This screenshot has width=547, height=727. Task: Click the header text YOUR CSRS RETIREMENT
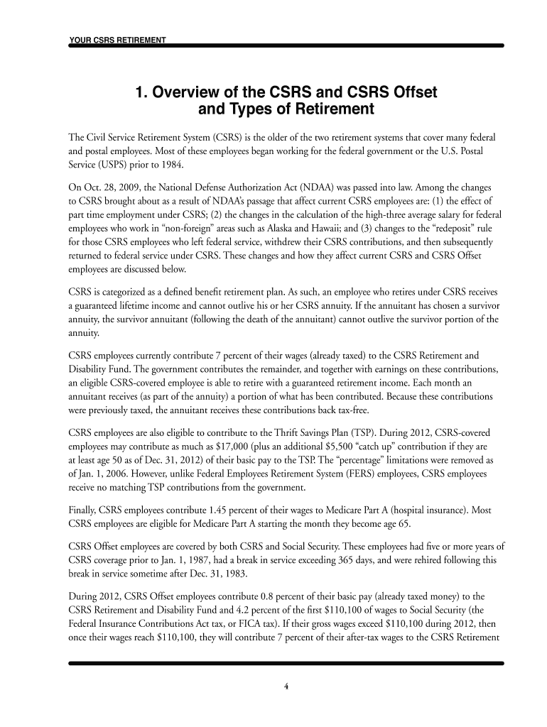[117, 40]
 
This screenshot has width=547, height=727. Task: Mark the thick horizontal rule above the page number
[286, 664]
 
